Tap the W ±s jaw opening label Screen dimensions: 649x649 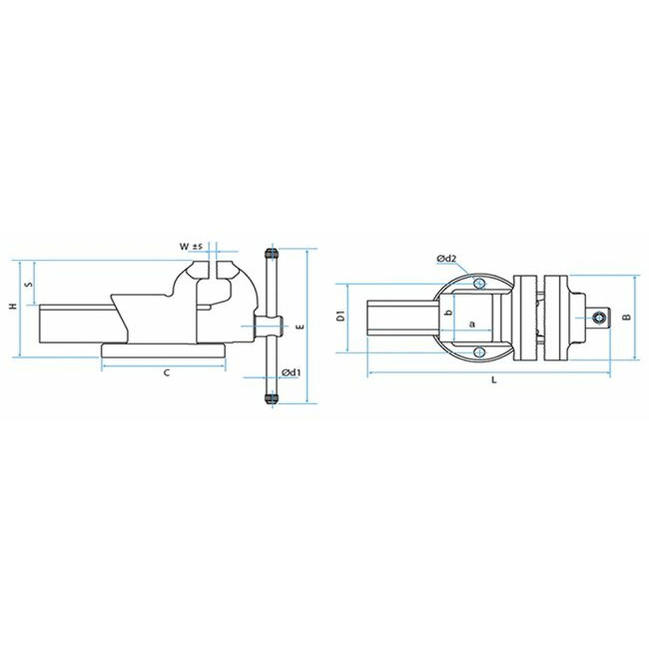tap(191, 247)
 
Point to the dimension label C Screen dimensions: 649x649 tap(167, 373)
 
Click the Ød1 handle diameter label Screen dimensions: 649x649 tap(291, 372)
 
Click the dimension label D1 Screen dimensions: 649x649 tap(341, 317)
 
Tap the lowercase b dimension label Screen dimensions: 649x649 tap(447, 314)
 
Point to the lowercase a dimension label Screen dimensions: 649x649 tap(472, 324)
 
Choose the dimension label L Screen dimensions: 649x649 tap(493, 380)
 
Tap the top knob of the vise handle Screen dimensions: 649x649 tap(271, 254)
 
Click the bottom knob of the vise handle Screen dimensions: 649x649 tap(271, 399)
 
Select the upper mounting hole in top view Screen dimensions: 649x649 tap(478, 283)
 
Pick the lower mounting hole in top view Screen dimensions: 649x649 tap(478, 353)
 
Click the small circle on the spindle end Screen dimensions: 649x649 tap(598, 317)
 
